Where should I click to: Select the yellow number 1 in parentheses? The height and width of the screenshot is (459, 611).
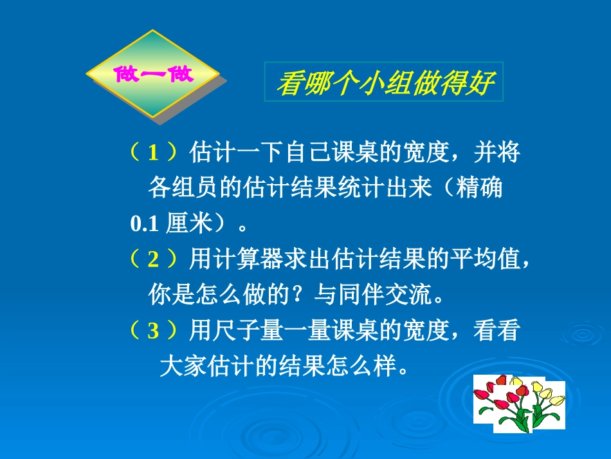tap(153, 153)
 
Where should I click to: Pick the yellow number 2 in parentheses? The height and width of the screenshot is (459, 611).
tap(153, 259)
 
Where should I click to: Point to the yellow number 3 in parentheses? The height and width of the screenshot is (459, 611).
tap(153, 331)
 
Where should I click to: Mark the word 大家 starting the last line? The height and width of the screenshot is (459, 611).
tap(179, 367)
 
